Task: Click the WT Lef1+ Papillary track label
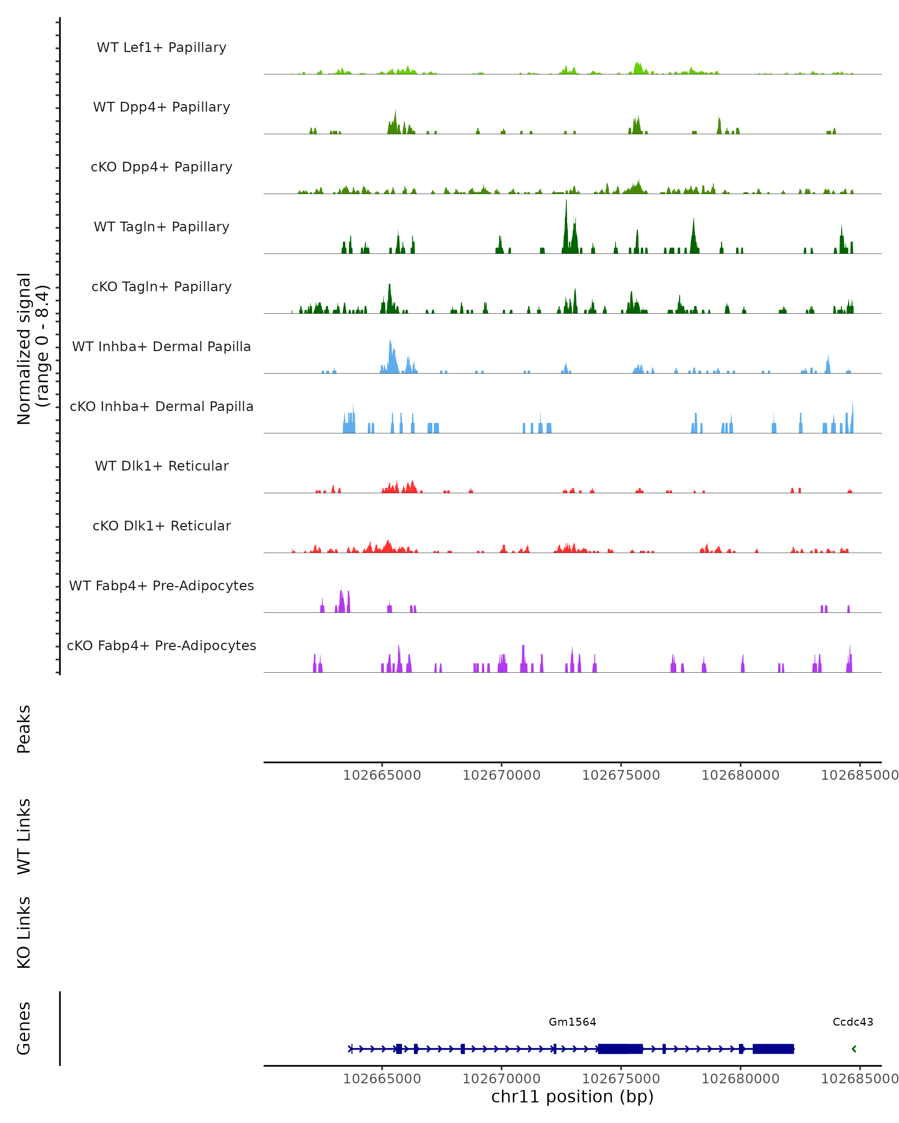coord(161,48)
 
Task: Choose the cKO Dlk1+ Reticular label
coord(161,526)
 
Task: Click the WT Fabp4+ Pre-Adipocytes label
coord(161,585)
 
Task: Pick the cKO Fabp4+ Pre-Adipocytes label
coord(161,645)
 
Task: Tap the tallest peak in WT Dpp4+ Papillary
coord(395,112)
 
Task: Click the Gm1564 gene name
coord(572,1022)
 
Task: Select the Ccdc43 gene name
coord(853,1022)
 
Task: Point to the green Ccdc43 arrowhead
coord(854,1049)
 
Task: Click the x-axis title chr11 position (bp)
coord(572,1096)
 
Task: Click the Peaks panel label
coord(24,729)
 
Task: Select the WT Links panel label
coord(24,836)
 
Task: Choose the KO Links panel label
coord(24,932)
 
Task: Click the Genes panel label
coord(24,1028)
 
